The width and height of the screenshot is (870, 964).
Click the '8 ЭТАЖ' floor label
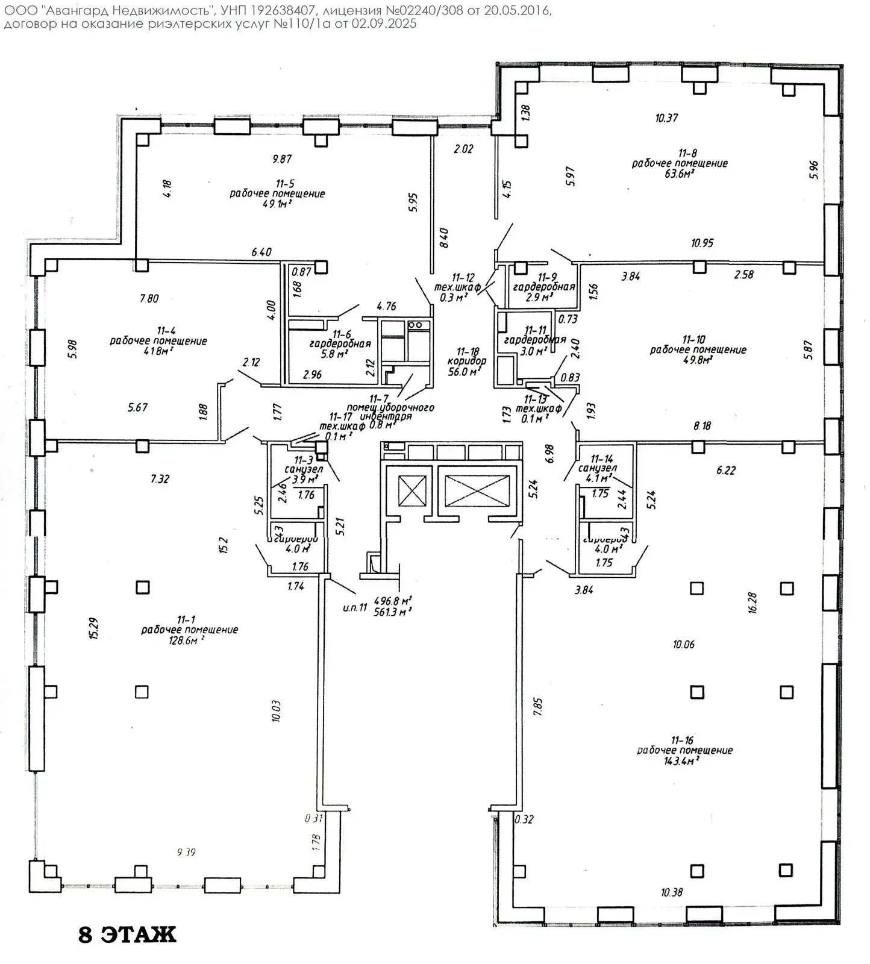coord(127,934)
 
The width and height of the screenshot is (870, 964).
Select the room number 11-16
coord(683,740)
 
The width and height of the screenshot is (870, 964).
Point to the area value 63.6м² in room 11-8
coord(680,174)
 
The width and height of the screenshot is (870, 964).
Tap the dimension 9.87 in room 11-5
coord(282,159)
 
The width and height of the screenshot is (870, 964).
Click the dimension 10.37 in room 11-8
coord(666,118)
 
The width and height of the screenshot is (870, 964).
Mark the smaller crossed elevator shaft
coord(413,490)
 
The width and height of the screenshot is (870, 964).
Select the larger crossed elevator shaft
coord(477,490)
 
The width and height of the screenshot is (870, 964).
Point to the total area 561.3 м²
coord(393,612)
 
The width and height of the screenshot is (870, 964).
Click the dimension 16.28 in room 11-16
coord(752,602)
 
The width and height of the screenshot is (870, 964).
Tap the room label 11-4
coord(166,330)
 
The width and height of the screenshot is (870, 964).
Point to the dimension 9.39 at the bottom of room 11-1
coord(186,852)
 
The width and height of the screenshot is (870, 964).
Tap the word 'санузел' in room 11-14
coord(597,468)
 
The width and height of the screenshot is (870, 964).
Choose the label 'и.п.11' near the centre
coord(354,607)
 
